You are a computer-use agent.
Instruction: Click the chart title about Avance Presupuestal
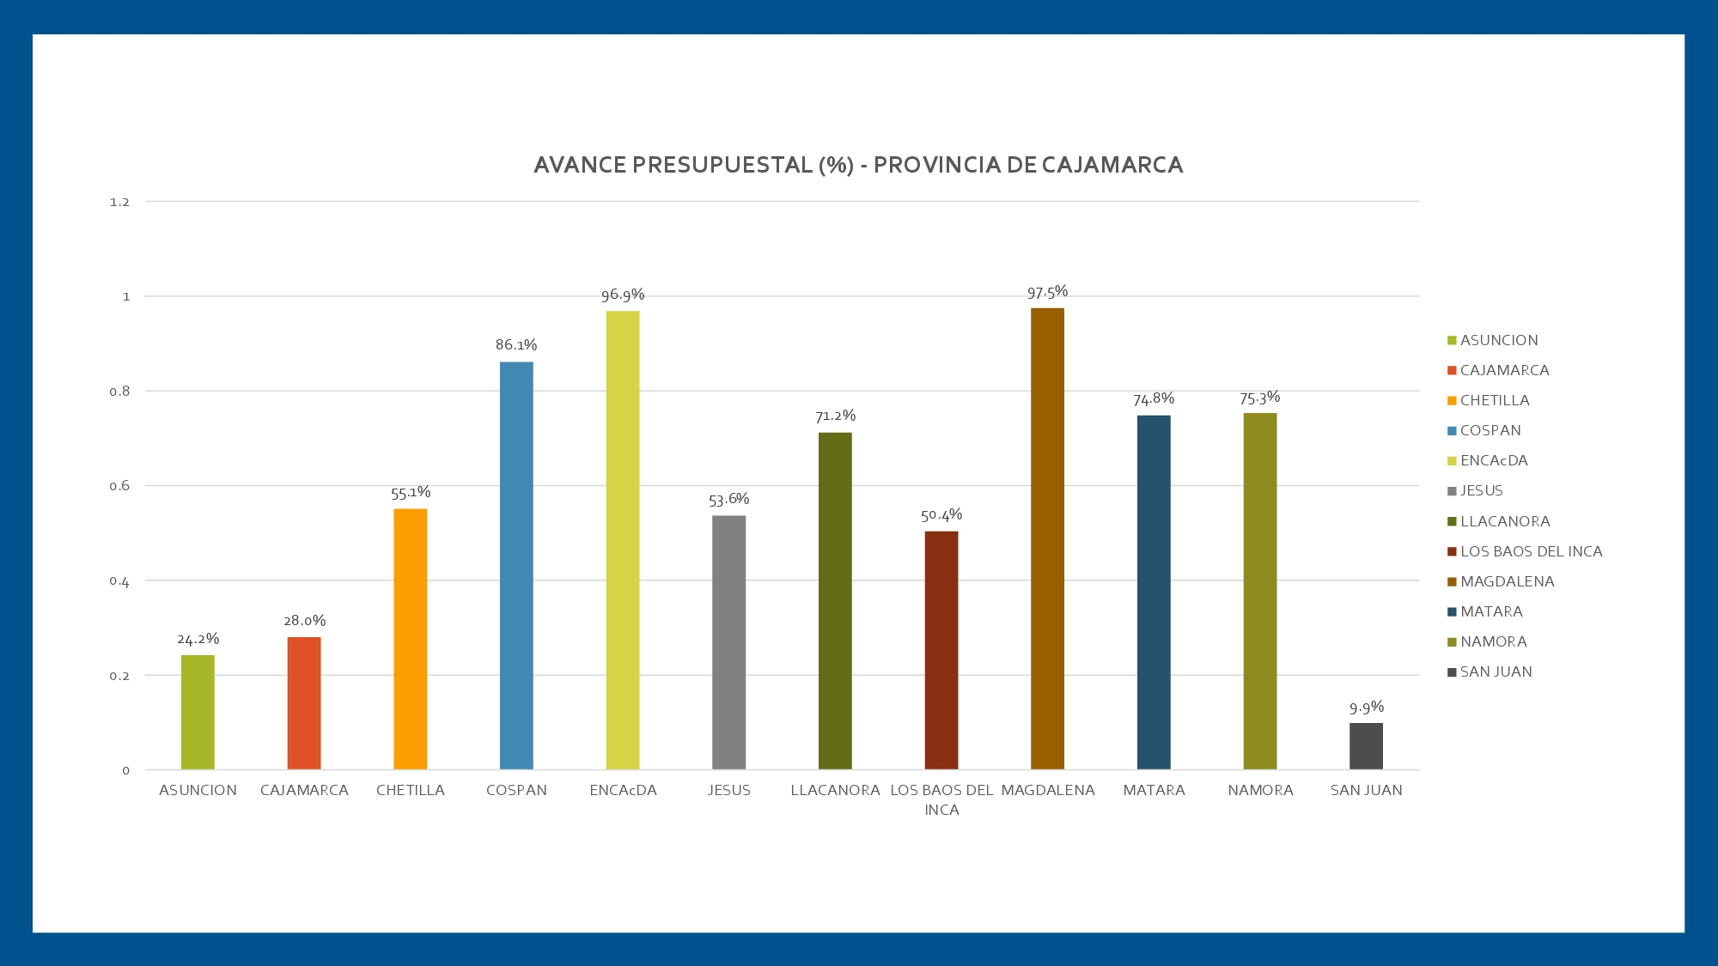(x=858, y=165)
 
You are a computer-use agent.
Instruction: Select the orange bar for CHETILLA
(x=410, y=639)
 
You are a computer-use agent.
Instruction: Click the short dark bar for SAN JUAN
(x=1366, y=746)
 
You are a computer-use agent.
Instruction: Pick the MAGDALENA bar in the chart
(x=1047, y=538)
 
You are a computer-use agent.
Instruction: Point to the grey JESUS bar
(x=728, y=642)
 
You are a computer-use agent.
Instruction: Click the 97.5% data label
(x=1047, y=292)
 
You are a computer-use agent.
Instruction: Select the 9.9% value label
(x=1366, y=708)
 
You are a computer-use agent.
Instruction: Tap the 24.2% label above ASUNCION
(x=198, y=639)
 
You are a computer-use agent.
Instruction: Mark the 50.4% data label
(x=941, y=515)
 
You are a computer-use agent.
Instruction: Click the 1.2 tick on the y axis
(x=119, y=202)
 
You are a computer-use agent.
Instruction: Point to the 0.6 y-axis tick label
(x=119, y=486)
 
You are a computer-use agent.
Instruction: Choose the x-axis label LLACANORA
(x=835, y=790)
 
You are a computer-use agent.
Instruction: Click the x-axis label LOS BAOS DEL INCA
(x=941, y=799)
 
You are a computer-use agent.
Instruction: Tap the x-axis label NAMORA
(x=1260, y=790)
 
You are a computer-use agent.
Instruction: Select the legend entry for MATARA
(x=1491, y=611)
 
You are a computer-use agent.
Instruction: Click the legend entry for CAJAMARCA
(x=1504, y=370)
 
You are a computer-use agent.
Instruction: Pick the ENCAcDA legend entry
(x=1494, y=460)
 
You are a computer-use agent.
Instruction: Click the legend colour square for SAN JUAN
(x=1452, y=672)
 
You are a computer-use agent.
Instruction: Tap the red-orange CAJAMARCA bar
(x=304, y=703)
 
